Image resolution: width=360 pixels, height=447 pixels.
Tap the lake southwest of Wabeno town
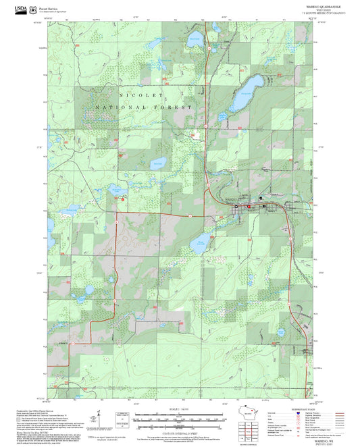pos(201,240)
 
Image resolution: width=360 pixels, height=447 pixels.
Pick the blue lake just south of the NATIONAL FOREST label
pos(158,163)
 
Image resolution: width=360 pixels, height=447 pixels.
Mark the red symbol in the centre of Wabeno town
pos(248,206)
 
